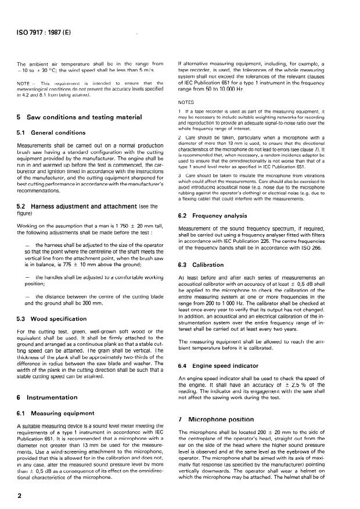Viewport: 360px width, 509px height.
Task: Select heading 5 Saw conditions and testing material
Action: click(80, 117)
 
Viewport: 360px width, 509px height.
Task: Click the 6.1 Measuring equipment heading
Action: click(54, 429)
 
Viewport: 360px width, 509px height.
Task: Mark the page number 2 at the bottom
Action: click(19, 496)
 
